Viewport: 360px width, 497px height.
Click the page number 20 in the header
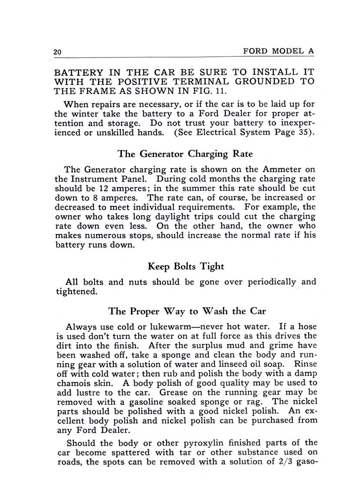57,52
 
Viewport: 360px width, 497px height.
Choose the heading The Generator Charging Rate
185,154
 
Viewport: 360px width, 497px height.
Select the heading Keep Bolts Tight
186,266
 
